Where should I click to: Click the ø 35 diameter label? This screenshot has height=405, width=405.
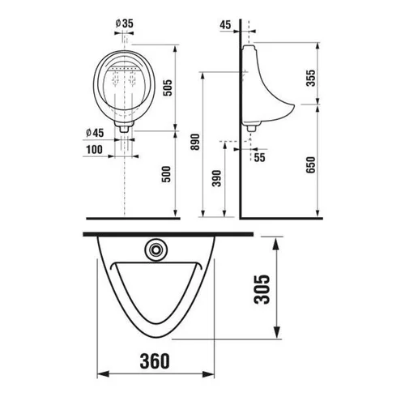tap(125, 23)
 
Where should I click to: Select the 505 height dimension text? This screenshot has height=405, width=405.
tap(168, 87)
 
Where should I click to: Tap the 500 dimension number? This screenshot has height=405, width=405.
tap(166, 174)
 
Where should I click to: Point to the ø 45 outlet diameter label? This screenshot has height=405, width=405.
tap(95, 133)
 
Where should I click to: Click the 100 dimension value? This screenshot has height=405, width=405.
tap(94, 150)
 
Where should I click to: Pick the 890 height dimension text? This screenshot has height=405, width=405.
tap(195, 142)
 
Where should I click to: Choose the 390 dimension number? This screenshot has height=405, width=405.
tap(216, 178)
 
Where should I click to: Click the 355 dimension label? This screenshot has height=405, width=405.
tap(311, 78)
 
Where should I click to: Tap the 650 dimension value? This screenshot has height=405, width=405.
tap(311, 165)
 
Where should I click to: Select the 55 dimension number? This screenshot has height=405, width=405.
tap(259, 157)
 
